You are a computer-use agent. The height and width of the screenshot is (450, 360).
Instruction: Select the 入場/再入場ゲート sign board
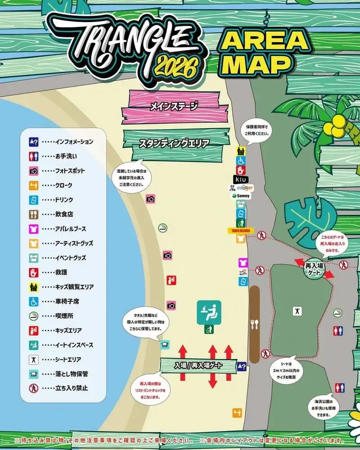(198, 365)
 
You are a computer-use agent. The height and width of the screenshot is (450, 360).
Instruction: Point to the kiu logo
(241, 180)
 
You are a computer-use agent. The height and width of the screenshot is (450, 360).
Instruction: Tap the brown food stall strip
(255, 324)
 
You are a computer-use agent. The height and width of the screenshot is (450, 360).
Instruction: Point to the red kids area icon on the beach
(171, 281)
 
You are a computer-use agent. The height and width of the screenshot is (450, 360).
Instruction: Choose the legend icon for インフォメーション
(34, 142)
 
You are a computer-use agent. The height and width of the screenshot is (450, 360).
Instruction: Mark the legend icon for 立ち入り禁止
(34, 388)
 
